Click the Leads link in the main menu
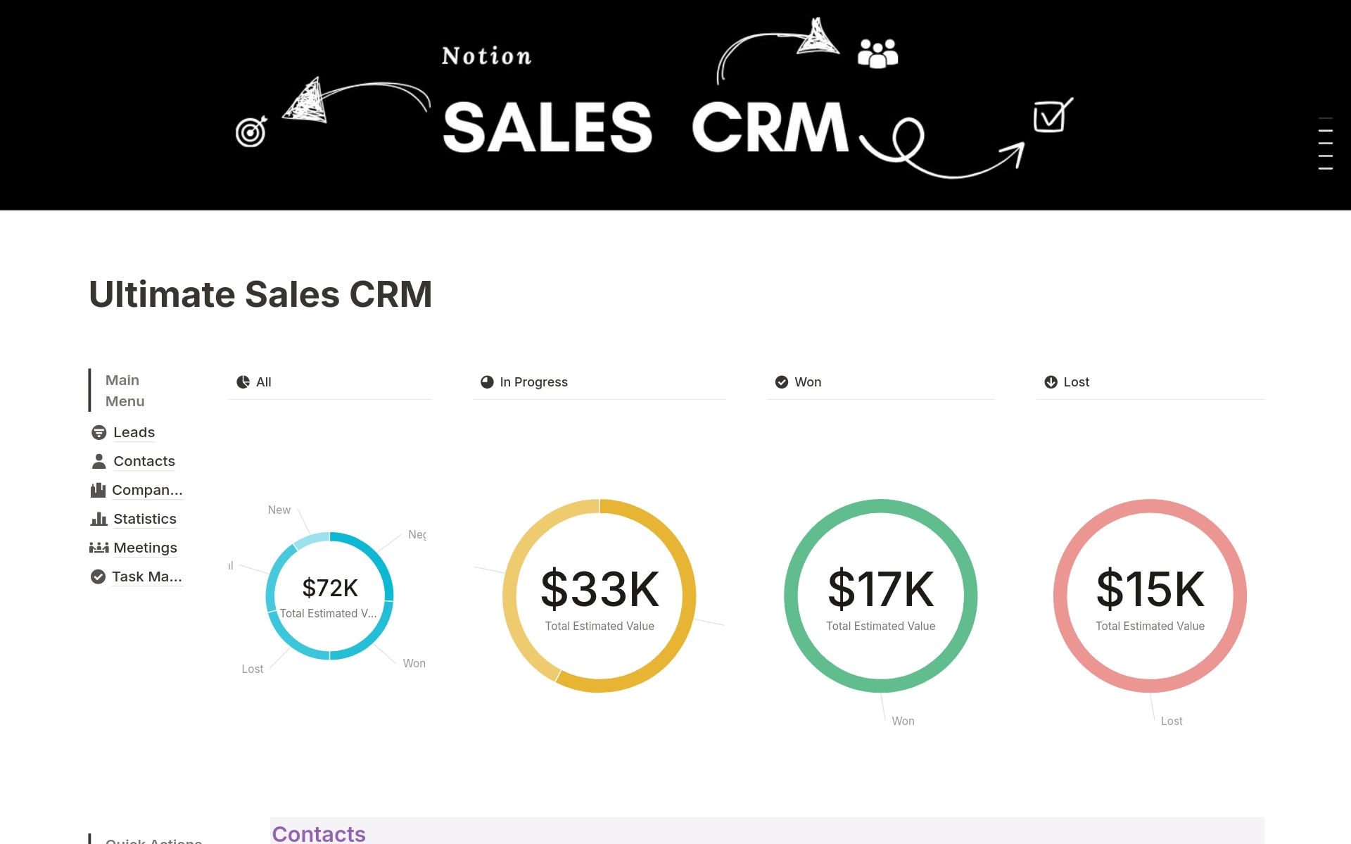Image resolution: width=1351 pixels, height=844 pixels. coord(133,432)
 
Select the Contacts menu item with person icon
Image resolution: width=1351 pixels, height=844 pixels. coord(144,461)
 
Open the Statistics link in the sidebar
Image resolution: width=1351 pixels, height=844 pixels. coord(144,519)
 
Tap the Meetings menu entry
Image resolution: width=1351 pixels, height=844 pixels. coord(145,548)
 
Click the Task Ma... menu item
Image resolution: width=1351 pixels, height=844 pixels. coord(146,577)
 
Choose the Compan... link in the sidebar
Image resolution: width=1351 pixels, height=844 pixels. coord(146,490)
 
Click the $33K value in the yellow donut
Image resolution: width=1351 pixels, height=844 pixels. coord(600,589)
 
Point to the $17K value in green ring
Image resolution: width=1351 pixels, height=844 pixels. coord(880,589)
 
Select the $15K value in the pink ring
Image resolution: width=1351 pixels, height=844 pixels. coord(1150,589)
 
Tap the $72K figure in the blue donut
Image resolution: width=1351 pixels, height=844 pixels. coord(330,588)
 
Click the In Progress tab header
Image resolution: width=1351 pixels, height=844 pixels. coord(533,382)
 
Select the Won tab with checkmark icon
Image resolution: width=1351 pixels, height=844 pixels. coord(806,382)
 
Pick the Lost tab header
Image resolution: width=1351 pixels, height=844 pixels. coord(1075,382)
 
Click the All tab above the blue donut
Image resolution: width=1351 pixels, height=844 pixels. coord(262,382)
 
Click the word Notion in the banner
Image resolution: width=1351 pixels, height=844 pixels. coord(486,56)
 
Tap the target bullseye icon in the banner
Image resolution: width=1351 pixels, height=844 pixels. coord(251,132)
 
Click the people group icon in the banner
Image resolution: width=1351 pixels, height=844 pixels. coord(877,53)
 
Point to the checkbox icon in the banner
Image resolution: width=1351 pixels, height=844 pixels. coord(1052,116)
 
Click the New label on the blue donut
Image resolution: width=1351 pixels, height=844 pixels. coord(279,510)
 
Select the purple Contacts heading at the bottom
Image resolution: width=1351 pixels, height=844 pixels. coord(319,834)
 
